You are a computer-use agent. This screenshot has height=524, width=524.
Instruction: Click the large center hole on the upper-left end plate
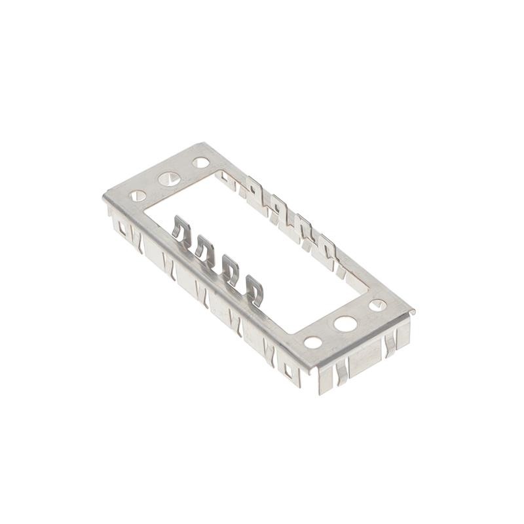(x=169, y=178)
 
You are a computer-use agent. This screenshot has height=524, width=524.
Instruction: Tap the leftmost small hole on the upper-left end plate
(x=138, y=195)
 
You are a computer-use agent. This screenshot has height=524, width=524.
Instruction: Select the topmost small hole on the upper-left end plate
(x=201, y=162)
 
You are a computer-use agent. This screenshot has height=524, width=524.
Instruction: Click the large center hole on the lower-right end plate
(x=345, y=323)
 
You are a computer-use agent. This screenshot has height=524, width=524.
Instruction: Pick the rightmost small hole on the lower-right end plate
(x=377, y=305)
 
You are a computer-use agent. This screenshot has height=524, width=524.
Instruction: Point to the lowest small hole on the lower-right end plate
(x=313, y=342)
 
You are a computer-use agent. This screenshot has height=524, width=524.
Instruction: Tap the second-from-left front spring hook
(x=204, y=248)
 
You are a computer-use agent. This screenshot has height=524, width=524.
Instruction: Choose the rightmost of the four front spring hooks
(x=254, y=289)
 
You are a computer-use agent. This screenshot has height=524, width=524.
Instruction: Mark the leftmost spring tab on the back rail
(x=253, y=188)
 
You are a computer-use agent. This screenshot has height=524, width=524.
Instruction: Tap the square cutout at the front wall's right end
(x=289, y=371)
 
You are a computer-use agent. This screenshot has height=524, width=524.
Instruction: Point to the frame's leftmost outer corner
(x=103, y=197)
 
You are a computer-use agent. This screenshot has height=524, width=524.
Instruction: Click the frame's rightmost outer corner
(x=414, y=311)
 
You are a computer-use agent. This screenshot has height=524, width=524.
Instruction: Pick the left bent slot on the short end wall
(x=341, y=373)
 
